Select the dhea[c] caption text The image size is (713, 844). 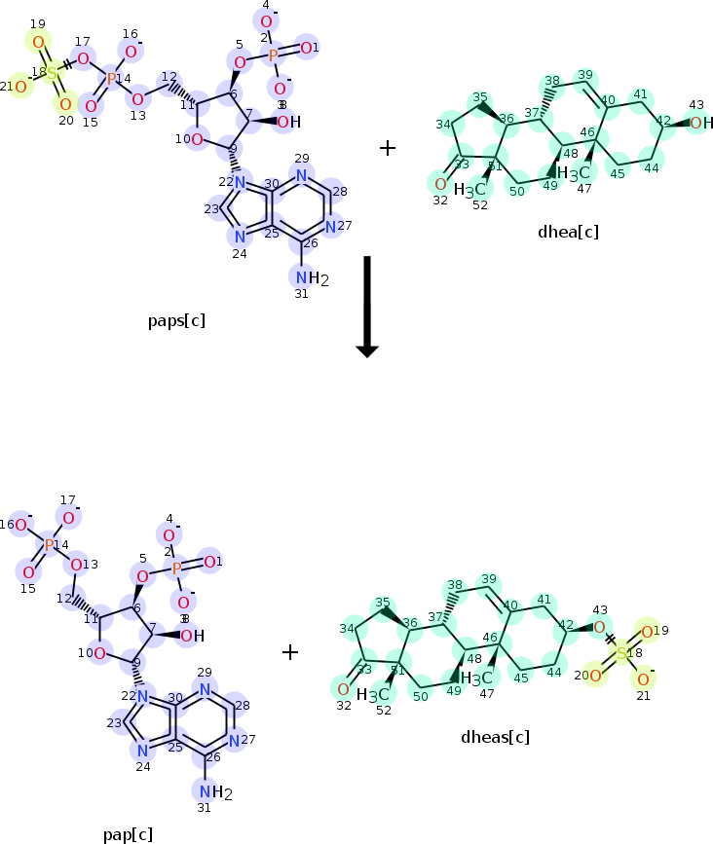click(568, 232)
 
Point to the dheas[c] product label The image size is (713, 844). click(495, 736)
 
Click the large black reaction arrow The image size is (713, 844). click(366, 306)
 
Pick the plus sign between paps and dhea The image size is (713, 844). click(388, 148)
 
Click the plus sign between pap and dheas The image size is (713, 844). click(289, 651)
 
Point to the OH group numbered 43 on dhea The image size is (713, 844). click(699, 123)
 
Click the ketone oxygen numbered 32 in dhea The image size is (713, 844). click(440, 183)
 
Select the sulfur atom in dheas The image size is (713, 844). click(621, 653)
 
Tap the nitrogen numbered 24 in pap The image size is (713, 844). click(142, 751)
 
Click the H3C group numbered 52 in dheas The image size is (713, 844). click(373, 695)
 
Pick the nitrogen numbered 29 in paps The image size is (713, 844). click(302, 175)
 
